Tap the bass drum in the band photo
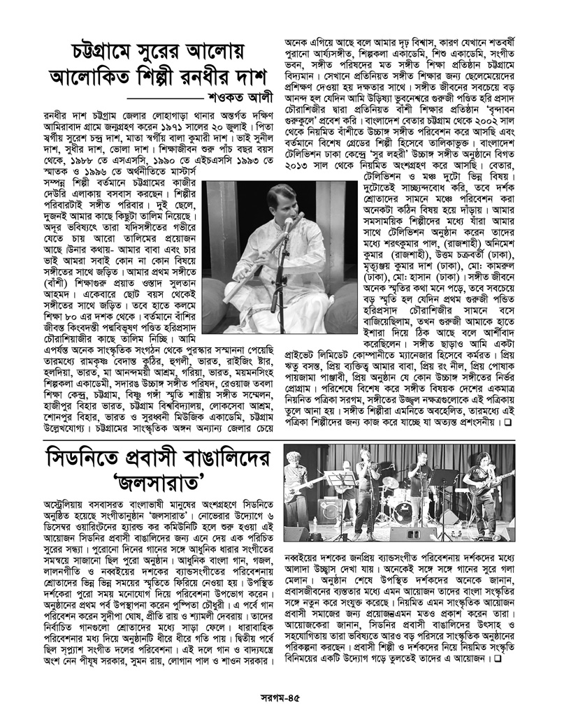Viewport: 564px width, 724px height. click(403, 512)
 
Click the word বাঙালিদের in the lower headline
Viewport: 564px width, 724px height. click(216, 455)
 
